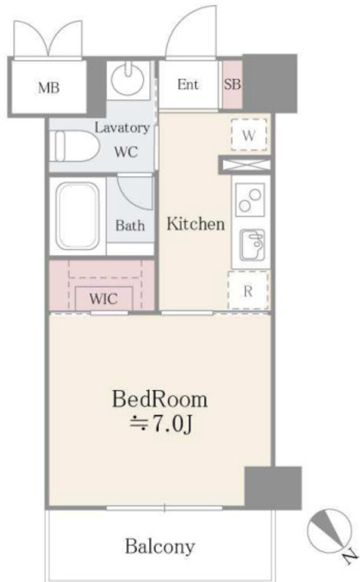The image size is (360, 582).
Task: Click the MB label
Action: pos(49,88)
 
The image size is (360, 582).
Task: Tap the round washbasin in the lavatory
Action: pos(128,79)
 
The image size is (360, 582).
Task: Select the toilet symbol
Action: pos(73,146)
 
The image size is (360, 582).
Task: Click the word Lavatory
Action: pos(122,127)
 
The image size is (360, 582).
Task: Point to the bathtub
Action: pos(77,216)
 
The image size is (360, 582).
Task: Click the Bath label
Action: pos(130,225)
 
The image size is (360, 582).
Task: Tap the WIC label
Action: pos(104,299)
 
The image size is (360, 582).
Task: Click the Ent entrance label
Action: pos(188,85)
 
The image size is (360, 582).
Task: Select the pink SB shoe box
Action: pos(232,85)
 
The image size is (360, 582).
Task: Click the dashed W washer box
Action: pos(249,135)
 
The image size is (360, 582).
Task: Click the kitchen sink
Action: pos(251,244)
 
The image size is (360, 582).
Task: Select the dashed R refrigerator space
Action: pos(248,291)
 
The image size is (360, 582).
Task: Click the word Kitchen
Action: pos(195,224)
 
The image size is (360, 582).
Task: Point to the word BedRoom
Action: pos(159,400)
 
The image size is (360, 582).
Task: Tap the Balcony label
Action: pos(160,547)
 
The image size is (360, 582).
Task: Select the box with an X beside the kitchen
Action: pos(243,165)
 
